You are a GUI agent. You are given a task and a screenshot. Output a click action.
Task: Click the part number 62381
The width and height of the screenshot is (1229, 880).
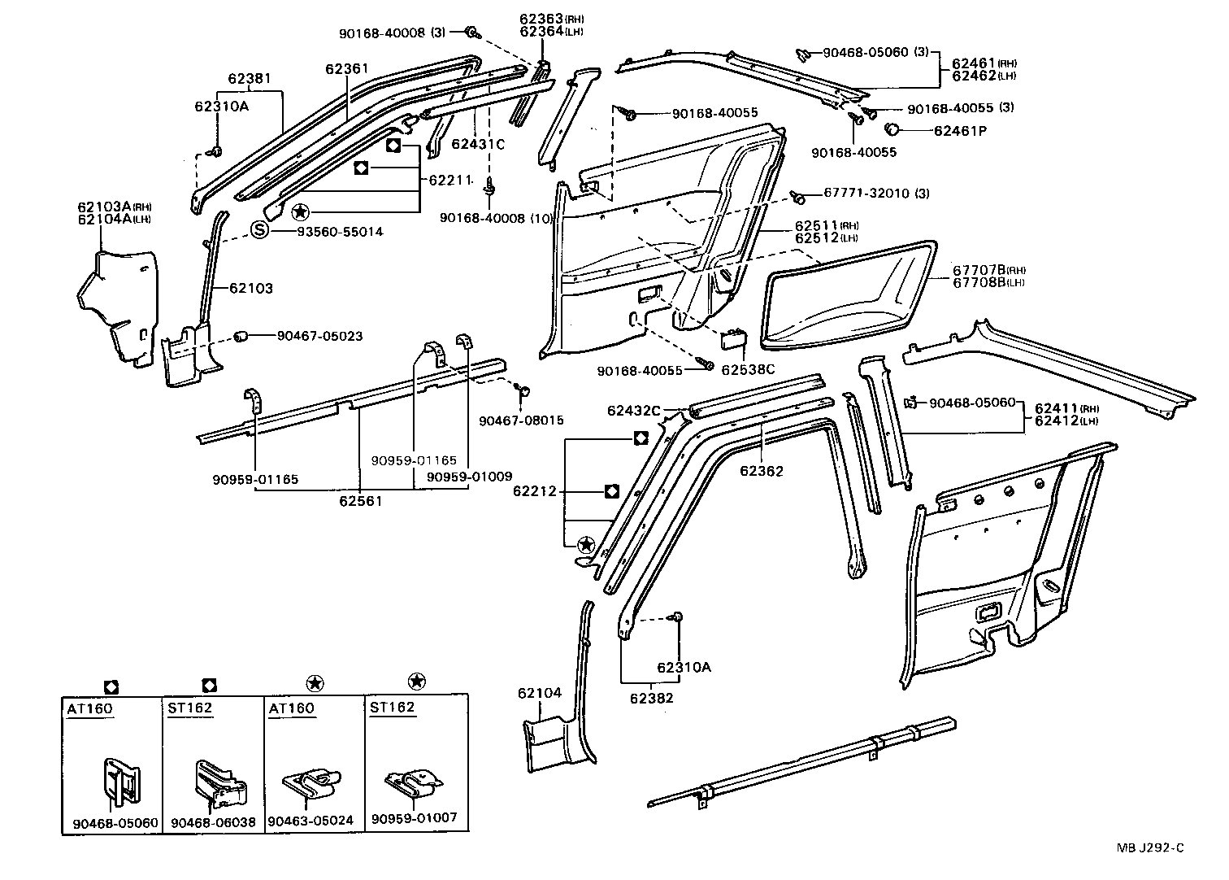tap(250, 79)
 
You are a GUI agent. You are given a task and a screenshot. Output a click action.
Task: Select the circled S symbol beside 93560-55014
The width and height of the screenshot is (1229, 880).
tap(258, 231)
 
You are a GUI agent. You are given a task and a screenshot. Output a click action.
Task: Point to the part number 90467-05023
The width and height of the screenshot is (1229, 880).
tap(319, 336)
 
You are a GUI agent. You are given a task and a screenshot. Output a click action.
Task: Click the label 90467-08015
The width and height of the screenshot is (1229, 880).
tap(521, 420)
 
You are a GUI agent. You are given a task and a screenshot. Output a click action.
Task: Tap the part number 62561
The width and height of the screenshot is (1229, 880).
tap(361, 501)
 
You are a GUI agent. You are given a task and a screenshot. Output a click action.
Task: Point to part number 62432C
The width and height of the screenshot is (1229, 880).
tap(634, 411)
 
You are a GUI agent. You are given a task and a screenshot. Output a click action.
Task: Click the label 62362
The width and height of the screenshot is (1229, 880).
tap(762, 470)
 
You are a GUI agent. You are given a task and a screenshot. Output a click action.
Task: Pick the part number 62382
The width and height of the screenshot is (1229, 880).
tap(651, 697)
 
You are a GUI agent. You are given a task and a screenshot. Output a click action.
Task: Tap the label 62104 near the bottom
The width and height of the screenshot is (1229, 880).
tap(539, 693)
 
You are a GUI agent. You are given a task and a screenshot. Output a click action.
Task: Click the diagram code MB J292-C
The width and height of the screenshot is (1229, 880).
tap(1150, 848)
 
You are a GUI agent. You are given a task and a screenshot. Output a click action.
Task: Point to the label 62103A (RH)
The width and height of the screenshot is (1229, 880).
tap(109, 206)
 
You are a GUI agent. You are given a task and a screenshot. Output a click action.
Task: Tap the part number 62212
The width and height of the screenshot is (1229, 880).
tap(534, 491)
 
